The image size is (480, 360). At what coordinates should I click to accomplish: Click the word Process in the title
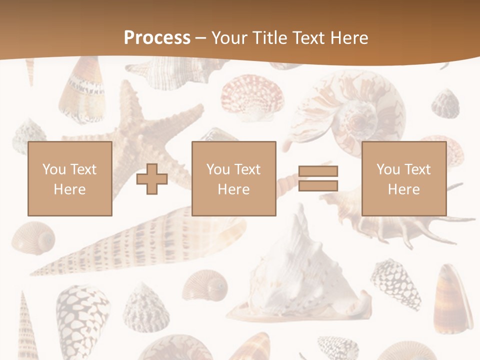(x=157, y=38)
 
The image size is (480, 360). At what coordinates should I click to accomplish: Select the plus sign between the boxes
(x=152, y=178)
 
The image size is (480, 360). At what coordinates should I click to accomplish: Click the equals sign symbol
(x=318, y=178)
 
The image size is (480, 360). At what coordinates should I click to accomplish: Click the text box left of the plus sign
(x=70, y=178)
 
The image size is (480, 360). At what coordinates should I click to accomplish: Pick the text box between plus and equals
(x=234, y=178)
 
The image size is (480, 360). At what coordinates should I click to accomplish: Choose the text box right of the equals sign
(x=404, y=178)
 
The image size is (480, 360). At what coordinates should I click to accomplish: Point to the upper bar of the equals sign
(x=318, y=171)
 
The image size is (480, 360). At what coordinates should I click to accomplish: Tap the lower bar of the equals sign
(x=318, y=186)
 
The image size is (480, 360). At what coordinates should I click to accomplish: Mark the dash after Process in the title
(x=200, y=38)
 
